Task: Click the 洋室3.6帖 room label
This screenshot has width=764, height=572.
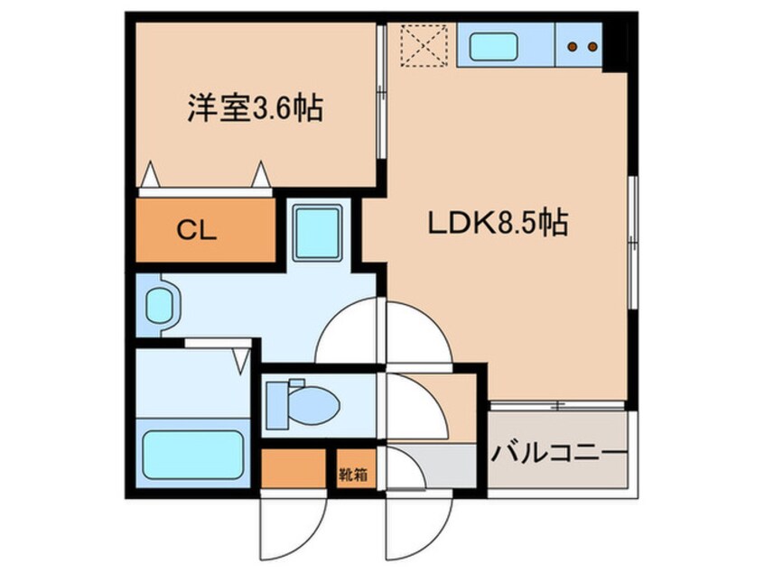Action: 256,110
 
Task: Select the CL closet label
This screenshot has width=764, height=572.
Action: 197,230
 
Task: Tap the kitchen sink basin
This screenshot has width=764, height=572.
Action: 492,45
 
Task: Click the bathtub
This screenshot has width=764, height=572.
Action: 193,454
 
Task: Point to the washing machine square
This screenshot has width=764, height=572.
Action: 317,232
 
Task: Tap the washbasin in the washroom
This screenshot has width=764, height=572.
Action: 159,305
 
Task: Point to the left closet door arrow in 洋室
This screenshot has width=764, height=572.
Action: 151,171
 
